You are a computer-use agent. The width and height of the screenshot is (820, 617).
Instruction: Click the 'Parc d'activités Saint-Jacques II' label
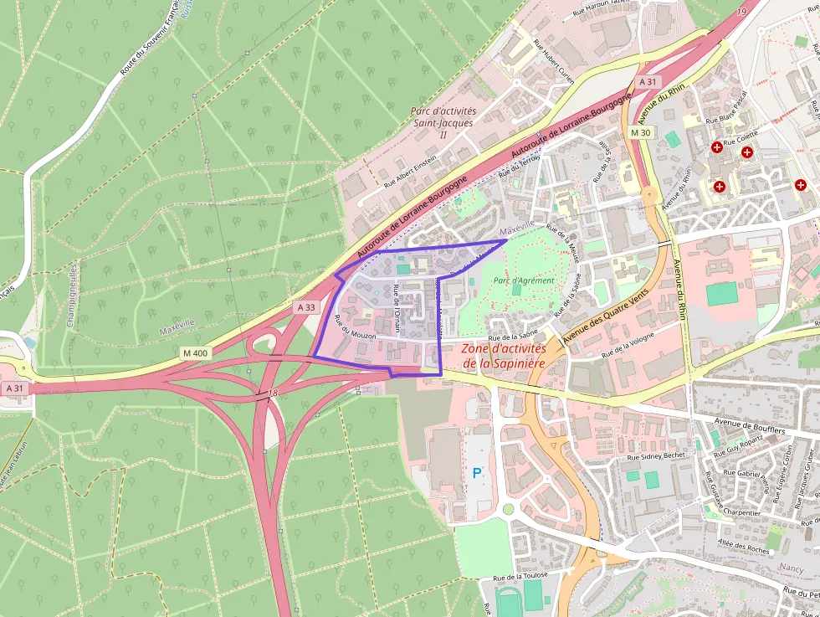click(443, 122)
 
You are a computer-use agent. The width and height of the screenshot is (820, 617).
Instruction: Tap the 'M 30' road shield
click(641, 132)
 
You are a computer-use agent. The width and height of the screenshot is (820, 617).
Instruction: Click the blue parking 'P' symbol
click(477, 473)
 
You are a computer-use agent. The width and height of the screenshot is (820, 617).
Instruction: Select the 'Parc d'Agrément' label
click(524, 280)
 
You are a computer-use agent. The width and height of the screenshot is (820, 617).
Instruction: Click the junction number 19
click(741, 12)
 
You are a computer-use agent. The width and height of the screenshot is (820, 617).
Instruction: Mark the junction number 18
click(273, 392)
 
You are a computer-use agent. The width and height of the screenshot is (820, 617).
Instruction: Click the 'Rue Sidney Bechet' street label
click(656, 456)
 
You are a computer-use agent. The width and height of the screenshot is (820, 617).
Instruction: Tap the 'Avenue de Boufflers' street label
click(751, 426)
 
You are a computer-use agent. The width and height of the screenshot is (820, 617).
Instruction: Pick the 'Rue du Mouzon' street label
click(355, 326)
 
